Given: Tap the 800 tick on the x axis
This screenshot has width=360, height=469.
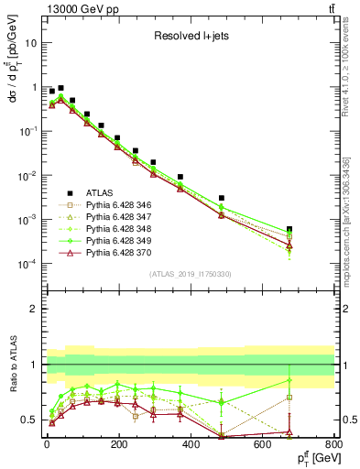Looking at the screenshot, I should (334, 443).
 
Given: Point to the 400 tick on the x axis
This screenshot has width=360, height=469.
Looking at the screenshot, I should (191, 443).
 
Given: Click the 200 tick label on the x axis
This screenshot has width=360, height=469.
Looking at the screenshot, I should (118, 443).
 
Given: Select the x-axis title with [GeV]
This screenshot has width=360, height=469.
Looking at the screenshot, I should (311, 458).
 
